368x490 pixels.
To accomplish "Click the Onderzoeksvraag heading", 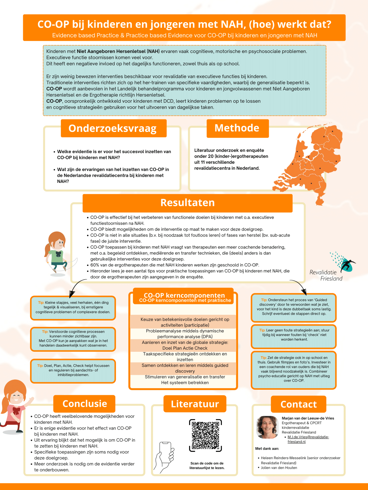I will (113, 128).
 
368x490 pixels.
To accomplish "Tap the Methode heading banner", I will (237, 128).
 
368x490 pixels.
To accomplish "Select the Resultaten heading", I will (187, 203).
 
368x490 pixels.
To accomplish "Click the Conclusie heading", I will (85, 404).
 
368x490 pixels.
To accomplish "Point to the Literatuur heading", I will (195, 404).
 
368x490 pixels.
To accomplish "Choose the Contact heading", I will (298, 404).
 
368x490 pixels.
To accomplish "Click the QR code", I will (206, 435).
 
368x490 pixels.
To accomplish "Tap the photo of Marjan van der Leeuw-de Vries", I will (267, 427).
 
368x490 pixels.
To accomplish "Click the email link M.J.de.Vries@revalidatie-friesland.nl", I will (308, 439).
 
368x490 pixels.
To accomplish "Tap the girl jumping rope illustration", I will (58, 254).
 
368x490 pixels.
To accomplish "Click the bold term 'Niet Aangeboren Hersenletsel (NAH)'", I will (118, 51).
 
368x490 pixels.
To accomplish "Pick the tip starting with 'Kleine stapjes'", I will (73, 307).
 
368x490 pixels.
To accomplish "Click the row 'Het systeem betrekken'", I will (185, 383).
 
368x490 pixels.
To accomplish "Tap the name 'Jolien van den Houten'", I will (279, 468).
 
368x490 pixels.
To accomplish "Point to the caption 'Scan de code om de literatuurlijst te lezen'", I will (207, 466).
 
